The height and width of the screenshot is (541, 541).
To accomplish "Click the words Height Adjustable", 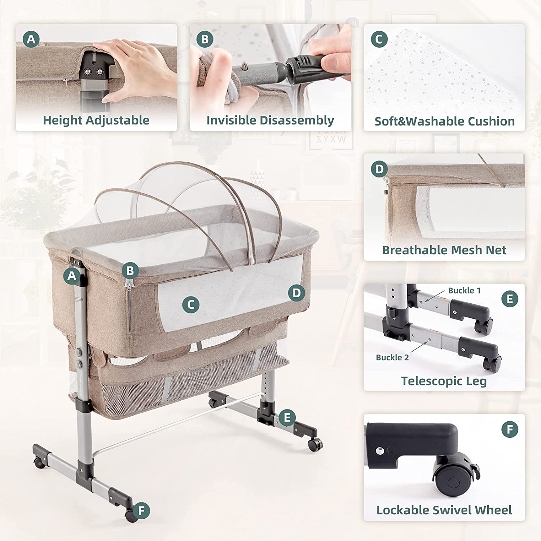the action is click(96, 120).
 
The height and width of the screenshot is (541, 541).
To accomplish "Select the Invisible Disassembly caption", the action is click(270, 120).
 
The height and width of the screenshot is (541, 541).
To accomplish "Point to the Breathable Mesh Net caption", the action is click(444, 250).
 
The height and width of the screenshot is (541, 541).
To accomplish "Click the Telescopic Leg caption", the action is click(444, 381).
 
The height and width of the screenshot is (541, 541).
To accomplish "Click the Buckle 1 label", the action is click(464, 290).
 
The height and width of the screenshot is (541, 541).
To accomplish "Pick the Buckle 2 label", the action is click(392, 357).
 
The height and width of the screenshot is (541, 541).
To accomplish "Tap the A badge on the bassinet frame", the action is click(72, 276).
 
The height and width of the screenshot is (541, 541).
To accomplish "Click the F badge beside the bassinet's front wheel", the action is click(141, 511).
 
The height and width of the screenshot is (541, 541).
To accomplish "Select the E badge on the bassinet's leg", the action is click(287, 418).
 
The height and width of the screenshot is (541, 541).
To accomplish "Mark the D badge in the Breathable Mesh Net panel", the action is click(379, 169).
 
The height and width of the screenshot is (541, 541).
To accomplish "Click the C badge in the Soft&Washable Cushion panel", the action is click(379, 39).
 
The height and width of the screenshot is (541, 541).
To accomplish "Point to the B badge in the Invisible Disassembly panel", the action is click(205, 39).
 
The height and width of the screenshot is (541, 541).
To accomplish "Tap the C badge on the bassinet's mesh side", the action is click(191, 305).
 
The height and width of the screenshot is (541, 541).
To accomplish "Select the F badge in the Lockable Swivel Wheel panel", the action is click(510, 430).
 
